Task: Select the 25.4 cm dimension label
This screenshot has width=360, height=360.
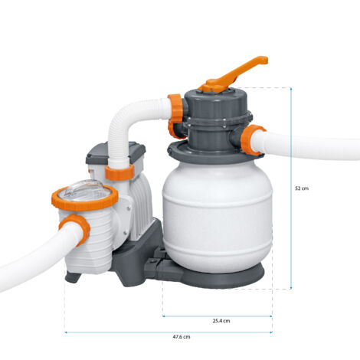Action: [221, 321]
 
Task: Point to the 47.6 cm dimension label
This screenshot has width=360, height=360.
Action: [181, 337]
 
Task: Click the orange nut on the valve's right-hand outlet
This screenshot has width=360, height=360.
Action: [253, 140]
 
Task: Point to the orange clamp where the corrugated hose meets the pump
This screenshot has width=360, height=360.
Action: [119, 171]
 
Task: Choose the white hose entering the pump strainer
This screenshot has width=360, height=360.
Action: [31, 257]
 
